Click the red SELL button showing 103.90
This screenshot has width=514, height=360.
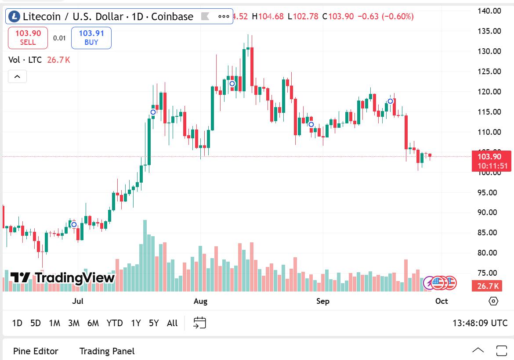(x=28, y=38)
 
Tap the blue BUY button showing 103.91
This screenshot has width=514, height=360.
(x=91, y=38)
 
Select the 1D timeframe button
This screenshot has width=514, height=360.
(x=17, y=323)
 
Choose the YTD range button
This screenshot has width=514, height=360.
(x=115, y=323)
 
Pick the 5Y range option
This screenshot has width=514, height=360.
(x=153, y=323)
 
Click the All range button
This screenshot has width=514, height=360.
(x=172, y=323)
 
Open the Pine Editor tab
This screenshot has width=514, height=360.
(x=36, y=351)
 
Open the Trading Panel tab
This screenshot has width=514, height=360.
(x=107, y=351)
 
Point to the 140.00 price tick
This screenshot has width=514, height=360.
(x=489, y=11)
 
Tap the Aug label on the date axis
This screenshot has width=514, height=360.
(x=200, y=301)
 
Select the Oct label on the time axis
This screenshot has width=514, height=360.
(x=442, y=301)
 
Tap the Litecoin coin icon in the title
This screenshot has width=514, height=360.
(x=14, y=17)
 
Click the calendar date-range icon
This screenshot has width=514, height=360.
(x=200, y=323)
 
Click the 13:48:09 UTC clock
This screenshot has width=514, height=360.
(x=480, y=323)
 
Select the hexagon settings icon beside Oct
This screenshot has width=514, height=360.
(x=493, y=301)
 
